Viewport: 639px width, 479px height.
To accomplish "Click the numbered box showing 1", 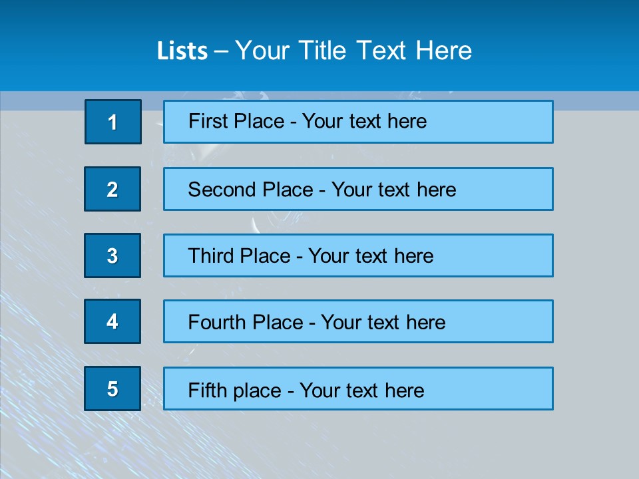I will coord(112,122).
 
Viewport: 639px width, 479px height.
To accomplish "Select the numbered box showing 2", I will coord(112,190).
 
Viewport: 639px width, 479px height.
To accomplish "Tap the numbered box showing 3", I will coord(112,255).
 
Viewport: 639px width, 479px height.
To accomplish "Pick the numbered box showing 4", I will coord(112,322).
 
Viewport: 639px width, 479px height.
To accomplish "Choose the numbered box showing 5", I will coord(112,389).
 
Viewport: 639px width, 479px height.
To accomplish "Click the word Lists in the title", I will coord(182,51).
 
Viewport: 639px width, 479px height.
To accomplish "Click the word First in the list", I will coord(208,121).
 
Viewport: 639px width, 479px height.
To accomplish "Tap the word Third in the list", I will coord(211,256).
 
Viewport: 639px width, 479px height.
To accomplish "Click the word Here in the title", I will coord(444,51).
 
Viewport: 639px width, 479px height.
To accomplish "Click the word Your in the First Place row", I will coord(322,121).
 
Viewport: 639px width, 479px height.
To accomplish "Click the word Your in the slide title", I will coord(264,51).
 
